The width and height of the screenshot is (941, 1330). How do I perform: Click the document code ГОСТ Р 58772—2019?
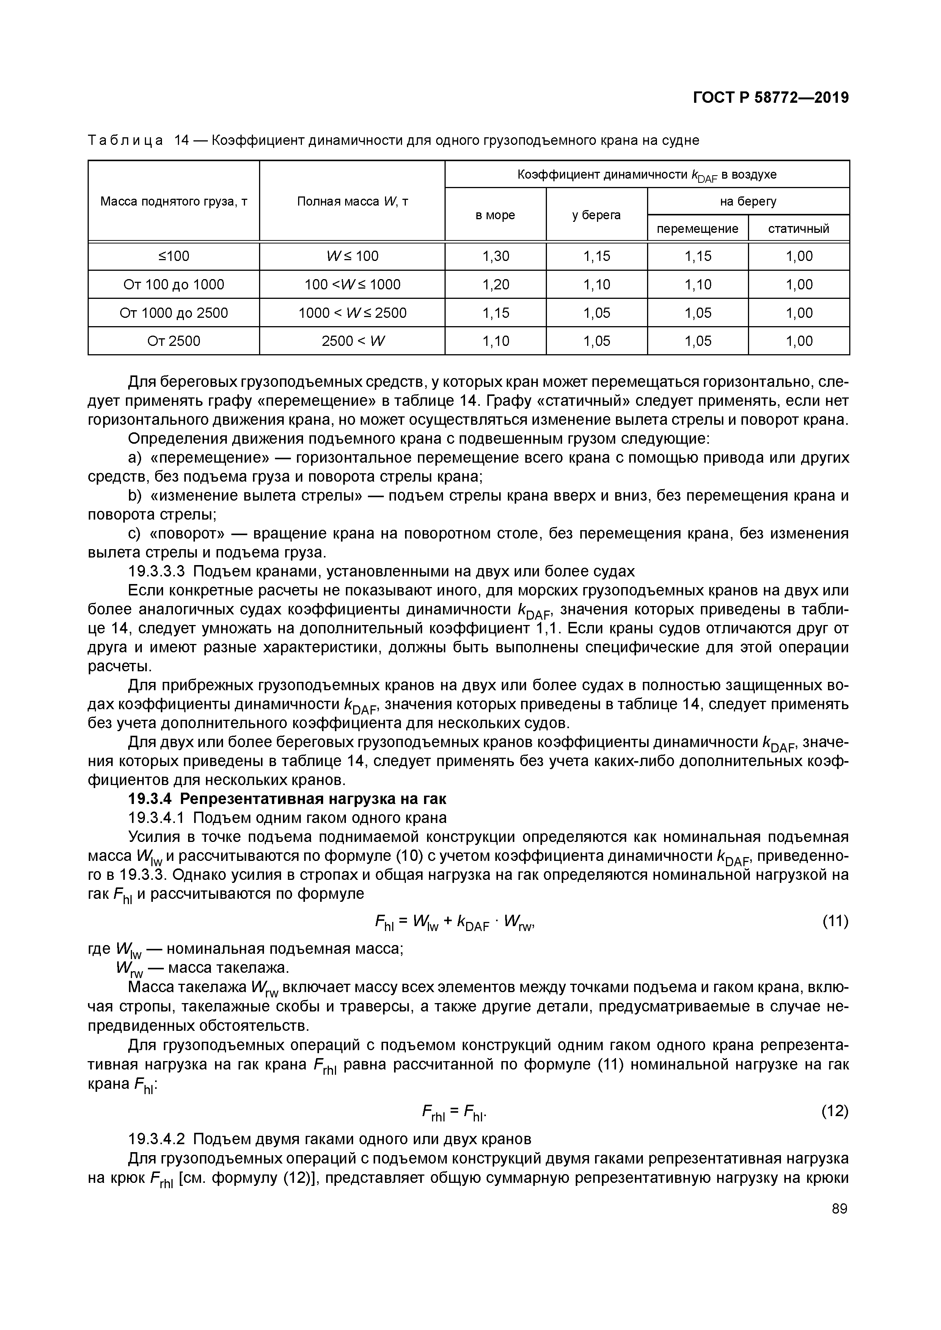click(x=771, y=98)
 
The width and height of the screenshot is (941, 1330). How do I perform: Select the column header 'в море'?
click(x=495, y=215)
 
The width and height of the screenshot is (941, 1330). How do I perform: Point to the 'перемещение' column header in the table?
click(x=697, y=229)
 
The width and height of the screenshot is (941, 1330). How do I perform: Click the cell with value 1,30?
click(x=495, y=256)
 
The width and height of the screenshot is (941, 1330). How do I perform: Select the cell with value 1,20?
click(x=495, y=284)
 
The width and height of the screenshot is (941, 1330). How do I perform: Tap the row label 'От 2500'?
click(x=173, y=341)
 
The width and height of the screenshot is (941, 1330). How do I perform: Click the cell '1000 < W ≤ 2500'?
click(x=352, y=313)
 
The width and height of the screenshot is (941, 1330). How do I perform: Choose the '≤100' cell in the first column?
click(x=173, y=256)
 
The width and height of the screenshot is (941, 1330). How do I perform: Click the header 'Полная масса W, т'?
click(x=352, y=201)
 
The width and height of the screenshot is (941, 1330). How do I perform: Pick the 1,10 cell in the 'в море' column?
click(x=495, y=341)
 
